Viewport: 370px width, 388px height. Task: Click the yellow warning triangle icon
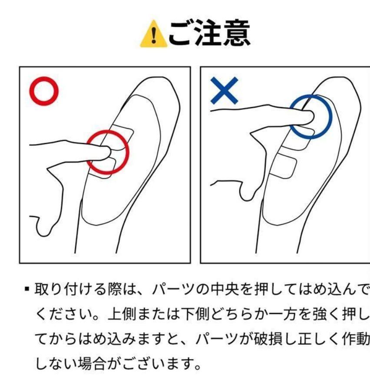coord(153,36)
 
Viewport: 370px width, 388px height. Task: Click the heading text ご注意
coord(208,34)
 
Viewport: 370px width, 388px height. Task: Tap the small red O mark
coord(44,92)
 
